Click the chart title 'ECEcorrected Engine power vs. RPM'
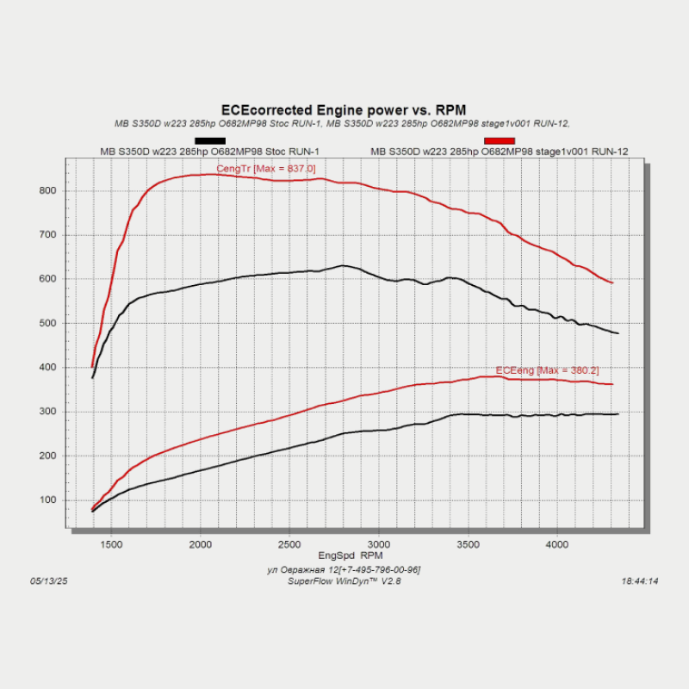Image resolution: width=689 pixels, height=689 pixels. point(344,110)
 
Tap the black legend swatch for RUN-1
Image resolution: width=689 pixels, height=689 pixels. point(210,140)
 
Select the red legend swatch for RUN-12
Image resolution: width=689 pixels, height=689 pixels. point(500,140)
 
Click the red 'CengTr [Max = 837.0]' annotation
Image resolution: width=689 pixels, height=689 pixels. point(266,169)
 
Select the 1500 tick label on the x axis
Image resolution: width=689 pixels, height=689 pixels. point(110,544)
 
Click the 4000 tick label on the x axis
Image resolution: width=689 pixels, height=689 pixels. point(557,544)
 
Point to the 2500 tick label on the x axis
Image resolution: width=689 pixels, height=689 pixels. point(289,544)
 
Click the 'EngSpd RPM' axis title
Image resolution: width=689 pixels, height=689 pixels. point(344,556)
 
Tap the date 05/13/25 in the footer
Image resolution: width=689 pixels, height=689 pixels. point(48,581)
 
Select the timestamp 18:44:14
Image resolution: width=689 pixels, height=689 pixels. point(639,581)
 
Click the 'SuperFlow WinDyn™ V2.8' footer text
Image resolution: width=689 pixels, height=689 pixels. point(344,581)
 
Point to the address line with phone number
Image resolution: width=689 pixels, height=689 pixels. point(344,569)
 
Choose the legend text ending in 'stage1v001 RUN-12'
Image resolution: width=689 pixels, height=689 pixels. point(499,152)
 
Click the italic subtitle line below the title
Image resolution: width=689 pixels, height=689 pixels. point(342,123)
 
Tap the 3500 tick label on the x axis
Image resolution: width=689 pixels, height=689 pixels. point(468,544)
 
